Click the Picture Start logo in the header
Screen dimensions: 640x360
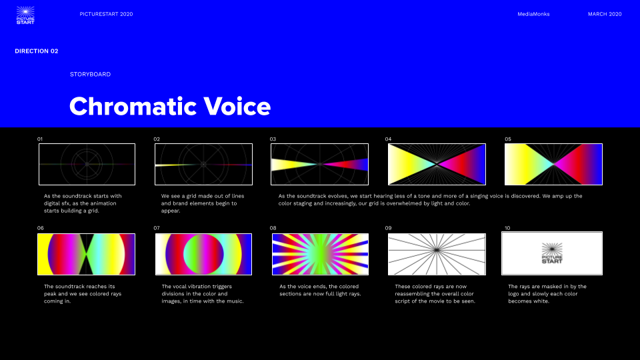[x=25, y=15]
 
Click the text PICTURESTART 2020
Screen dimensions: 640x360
[x=106, y=14]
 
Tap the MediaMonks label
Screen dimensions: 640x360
[x=533, y=14]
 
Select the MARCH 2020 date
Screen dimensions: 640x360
[x=605, y=14]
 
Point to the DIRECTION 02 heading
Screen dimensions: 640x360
[x=36, y=51]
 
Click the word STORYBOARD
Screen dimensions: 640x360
[x=90, y=74]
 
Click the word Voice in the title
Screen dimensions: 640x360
[x=237, y=107]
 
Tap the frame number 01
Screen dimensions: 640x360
[x=39, y=139]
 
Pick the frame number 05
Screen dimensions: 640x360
[x=508, y=139]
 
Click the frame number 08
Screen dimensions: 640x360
[x=273, y=228]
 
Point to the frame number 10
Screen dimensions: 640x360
[x=507, y=228]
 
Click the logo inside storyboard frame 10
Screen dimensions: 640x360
[x=552, y=253]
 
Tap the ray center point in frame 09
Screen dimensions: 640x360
[x=437, y=250]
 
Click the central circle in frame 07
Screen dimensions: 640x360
[x=204, y=254]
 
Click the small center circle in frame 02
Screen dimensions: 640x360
[x=203, y=165]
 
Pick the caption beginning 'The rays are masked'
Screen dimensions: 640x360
[x=547, y=294]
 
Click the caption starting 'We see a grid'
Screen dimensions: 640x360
[x=203, y=203]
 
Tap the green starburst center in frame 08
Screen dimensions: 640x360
[x=321, y=253]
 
